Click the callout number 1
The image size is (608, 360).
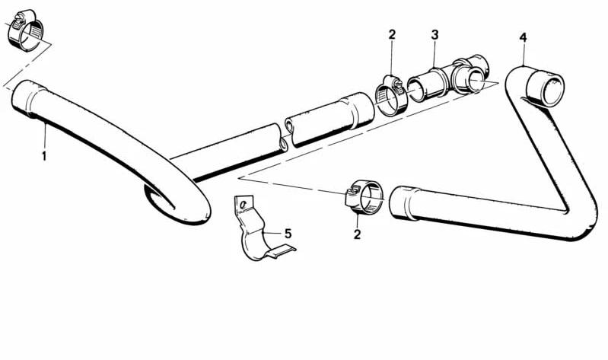click(x=44, y=156)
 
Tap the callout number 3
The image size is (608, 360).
click(x=435, y=35)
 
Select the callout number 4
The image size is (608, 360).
click(x=523, y=37)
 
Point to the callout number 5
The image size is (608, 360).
click(x=288, y=234)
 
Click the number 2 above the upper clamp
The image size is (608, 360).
click(x=392, y=34)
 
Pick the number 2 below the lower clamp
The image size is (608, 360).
click(x=357, y=234)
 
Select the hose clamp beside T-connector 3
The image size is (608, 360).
click(x=390, y=94)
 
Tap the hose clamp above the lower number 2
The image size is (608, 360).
click(x=364, y=197)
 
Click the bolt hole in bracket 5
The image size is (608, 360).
click(x=244, y=204)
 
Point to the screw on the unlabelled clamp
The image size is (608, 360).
click(x=18, y=17)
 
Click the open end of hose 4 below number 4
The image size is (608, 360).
click(x=545, y=88)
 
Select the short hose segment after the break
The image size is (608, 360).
click(x=329, y=119)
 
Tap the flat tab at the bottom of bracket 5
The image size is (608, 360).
click(x=280, y=251)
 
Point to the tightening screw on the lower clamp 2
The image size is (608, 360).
click(x=352, y=192)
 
